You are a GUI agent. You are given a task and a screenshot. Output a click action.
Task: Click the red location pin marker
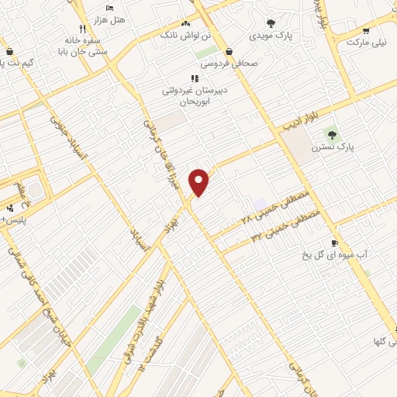(x=200, y=182)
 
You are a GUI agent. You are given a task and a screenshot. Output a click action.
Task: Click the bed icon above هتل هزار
(x=110, y=7)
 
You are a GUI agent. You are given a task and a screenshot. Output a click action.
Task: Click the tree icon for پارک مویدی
(x=270, y=23)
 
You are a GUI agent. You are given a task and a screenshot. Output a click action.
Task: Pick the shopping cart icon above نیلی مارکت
(x=365, y=33)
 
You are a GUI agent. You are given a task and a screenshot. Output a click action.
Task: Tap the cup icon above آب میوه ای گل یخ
(x=334, y=242)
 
